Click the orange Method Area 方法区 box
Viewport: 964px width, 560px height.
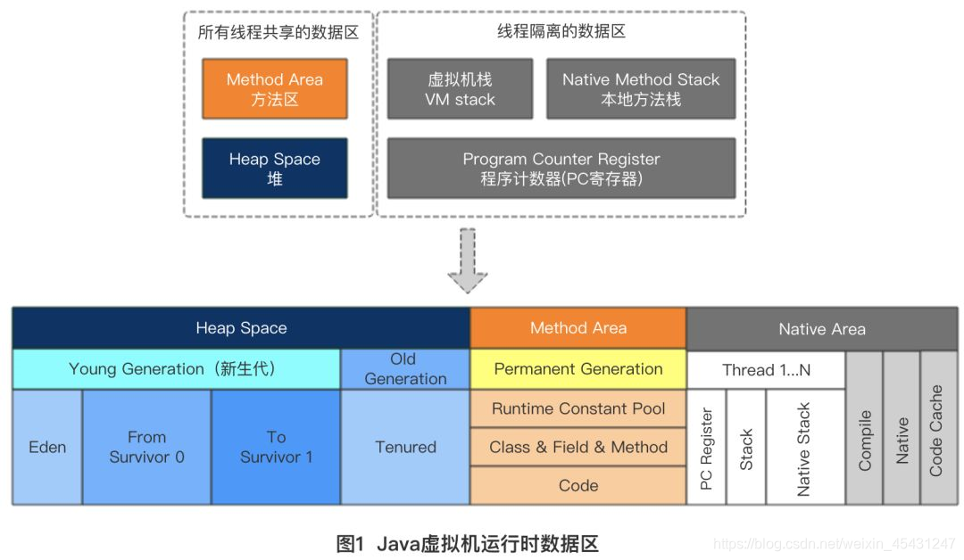point(274,89)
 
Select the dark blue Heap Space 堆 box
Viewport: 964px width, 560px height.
point(274,169)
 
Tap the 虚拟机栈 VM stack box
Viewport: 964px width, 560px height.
point(460,89)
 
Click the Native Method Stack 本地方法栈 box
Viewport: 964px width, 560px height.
point(640,89)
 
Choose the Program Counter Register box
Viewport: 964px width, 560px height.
point(561,169)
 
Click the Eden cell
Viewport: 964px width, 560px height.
point(47,447)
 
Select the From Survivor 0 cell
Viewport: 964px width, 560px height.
point(146,447)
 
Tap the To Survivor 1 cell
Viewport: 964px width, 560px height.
point(276,447)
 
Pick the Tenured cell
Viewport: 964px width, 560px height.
point(405,447)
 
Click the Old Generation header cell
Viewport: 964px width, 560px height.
point(405,369)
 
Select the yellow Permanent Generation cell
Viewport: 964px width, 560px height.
point(578,369)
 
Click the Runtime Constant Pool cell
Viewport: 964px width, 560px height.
point(578,409)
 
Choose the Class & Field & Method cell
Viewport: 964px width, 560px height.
point(578,448)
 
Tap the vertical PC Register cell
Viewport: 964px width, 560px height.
point(706,448)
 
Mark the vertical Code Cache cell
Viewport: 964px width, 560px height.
point(937,429)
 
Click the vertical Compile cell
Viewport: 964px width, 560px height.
point(864,429)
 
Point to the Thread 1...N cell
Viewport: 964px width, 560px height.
point(766,370)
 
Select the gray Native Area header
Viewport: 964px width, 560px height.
point(821,328)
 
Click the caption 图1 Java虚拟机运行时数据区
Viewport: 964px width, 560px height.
point(467,543)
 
